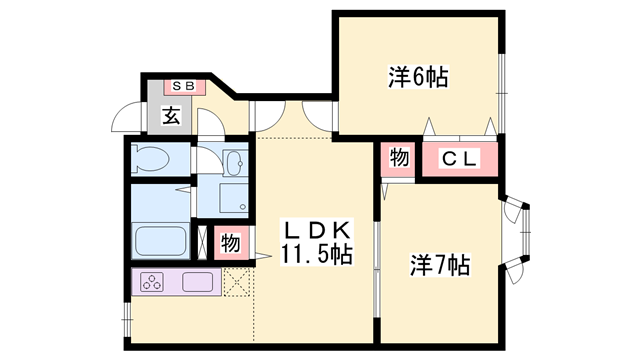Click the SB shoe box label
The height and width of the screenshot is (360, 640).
[x=187, y=87]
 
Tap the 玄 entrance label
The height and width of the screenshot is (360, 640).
[x=170, y=116]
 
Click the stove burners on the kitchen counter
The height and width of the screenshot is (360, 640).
[x=156, y=283]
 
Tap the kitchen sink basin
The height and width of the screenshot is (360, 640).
[x=196, y=283]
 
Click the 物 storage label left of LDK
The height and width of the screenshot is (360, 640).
[x=230, y=242]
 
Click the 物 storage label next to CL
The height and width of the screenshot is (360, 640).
[x=397, y=159]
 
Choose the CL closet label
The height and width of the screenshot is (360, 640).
[x=461, y=159]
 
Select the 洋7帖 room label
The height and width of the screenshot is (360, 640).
[x=439, y=266]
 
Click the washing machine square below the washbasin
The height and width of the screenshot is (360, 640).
[x=222, y=199]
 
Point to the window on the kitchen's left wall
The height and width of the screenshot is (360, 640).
[x=127, y=319]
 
